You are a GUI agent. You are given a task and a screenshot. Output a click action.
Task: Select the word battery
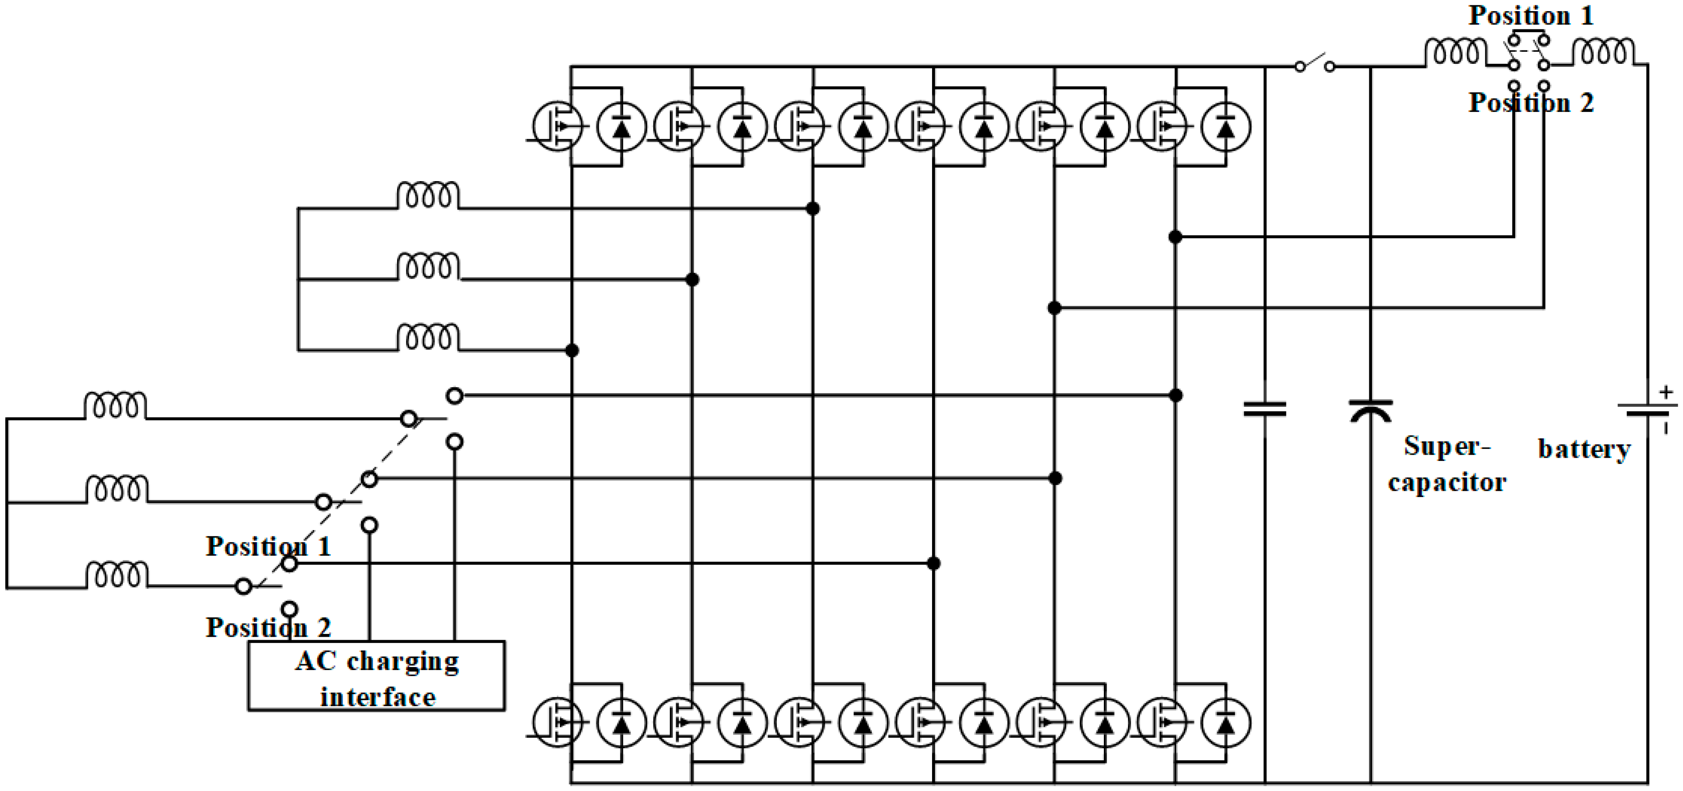1584,449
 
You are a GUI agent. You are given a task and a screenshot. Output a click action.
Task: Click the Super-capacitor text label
1447,464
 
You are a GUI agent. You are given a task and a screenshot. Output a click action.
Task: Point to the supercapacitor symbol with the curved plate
1370,411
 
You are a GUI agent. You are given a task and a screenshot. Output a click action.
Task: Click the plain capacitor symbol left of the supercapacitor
1264,410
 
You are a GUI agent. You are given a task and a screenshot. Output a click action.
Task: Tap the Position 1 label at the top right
1531,16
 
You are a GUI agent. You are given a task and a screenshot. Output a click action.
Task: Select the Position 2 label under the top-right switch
1531,103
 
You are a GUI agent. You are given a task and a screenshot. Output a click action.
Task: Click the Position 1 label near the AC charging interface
268,546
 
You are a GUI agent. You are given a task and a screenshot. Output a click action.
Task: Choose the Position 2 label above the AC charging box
268,628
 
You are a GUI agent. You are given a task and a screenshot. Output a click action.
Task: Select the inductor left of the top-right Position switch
1455,52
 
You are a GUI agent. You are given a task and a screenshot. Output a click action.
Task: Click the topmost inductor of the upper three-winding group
428,195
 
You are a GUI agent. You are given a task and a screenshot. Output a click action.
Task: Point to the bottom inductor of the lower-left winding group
116,575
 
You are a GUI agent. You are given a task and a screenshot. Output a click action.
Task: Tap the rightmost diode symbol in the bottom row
1226,722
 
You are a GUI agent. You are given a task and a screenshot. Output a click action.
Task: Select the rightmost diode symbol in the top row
1226,126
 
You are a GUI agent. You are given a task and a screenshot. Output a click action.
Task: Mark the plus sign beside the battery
1665,392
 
